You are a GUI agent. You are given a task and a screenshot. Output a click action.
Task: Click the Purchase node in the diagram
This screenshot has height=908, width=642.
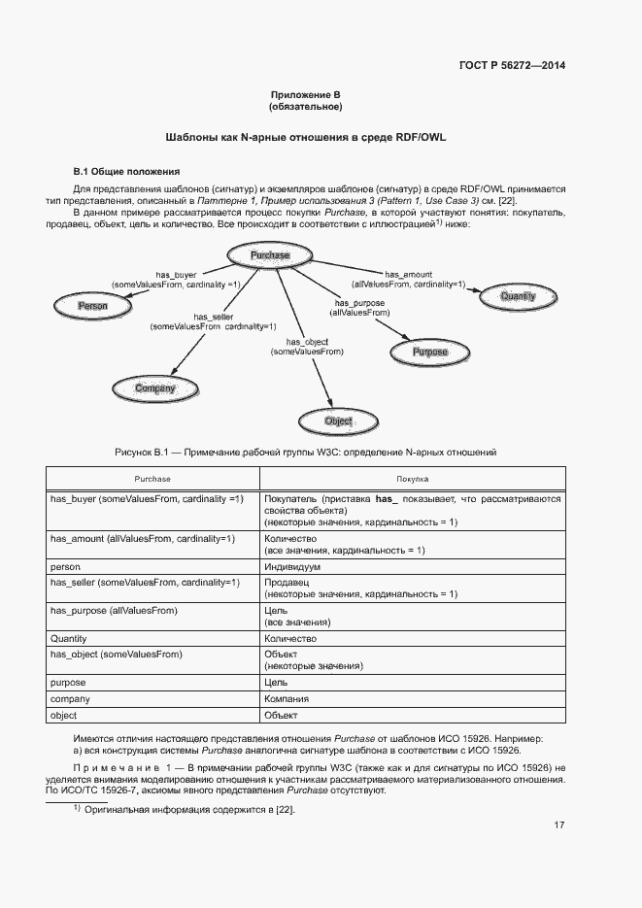pos(270,255)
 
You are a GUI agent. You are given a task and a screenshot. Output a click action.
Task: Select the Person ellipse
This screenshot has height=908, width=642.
pos(92,306)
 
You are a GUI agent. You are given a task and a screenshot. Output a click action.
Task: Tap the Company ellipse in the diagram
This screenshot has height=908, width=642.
pos(154,388)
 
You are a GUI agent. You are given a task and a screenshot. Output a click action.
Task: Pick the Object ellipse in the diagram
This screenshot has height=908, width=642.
pos(338,420)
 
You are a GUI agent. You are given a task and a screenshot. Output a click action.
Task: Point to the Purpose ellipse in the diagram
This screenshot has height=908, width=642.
pos(430,352)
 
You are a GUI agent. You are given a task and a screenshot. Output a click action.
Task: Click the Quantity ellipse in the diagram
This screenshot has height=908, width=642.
pos(518,296)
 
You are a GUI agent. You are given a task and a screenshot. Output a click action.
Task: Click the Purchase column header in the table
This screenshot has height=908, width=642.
pos(152,480)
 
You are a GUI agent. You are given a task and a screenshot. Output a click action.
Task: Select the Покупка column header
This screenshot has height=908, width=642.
pos(413,480)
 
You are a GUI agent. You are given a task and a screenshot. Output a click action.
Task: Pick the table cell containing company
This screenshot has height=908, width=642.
pos(70,699)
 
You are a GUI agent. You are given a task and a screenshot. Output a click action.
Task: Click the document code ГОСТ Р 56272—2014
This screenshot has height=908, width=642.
pos(512,66)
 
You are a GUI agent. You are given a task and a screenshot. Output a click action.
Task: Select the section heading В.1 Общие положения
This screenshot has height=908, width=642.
pos(120,171)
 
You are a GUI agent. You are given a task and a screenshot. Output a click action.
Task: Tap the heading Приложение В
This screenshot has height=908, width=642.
pos(306,95)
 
